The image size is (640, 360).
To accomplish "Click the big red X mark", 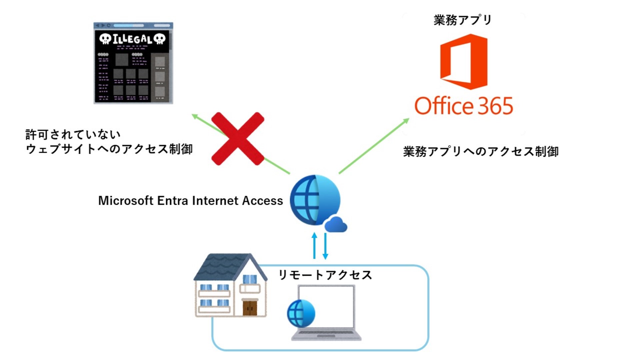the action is click(238, 139).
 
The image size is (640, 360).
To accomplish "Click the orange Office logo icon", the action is click(464, 62).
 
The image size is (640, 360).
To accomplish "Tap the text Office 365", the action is click(464, 106).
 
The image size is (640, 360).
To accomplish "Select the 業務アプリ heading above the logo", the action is click(462, 20).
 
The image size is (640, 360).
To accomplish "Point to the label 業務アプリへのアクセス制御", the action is click(481, 151).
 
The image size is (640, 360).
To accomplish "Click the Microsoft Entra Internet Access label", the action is click(191, 201).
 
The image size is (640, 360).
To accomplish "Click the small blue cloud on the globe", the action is click(336, 224).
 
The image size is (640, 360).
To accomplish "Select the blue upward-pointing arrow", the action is click(314, 246).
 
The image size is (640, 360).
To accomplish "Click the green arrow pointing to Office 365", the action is click(374, 146).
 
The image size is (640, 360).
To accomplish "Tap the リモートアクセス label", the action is click(325, 275).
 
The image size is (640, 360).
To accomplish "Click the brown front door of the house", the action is click(250, 308).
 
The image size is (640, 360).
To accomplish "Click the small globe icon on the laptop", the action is click(301, 313).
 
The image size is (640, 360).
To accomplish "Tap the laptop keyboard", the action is click(326, 334).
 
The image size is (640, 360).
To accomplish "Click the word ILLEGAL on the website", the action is click(132, 39).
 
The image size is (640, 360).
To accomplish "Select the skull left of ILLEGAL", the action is click(105, 39).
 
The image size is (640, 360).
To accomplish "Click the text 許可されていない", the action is click(73, 135).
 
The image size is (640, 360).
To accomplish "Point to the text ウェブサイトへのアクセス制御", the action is click(109, 149).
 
